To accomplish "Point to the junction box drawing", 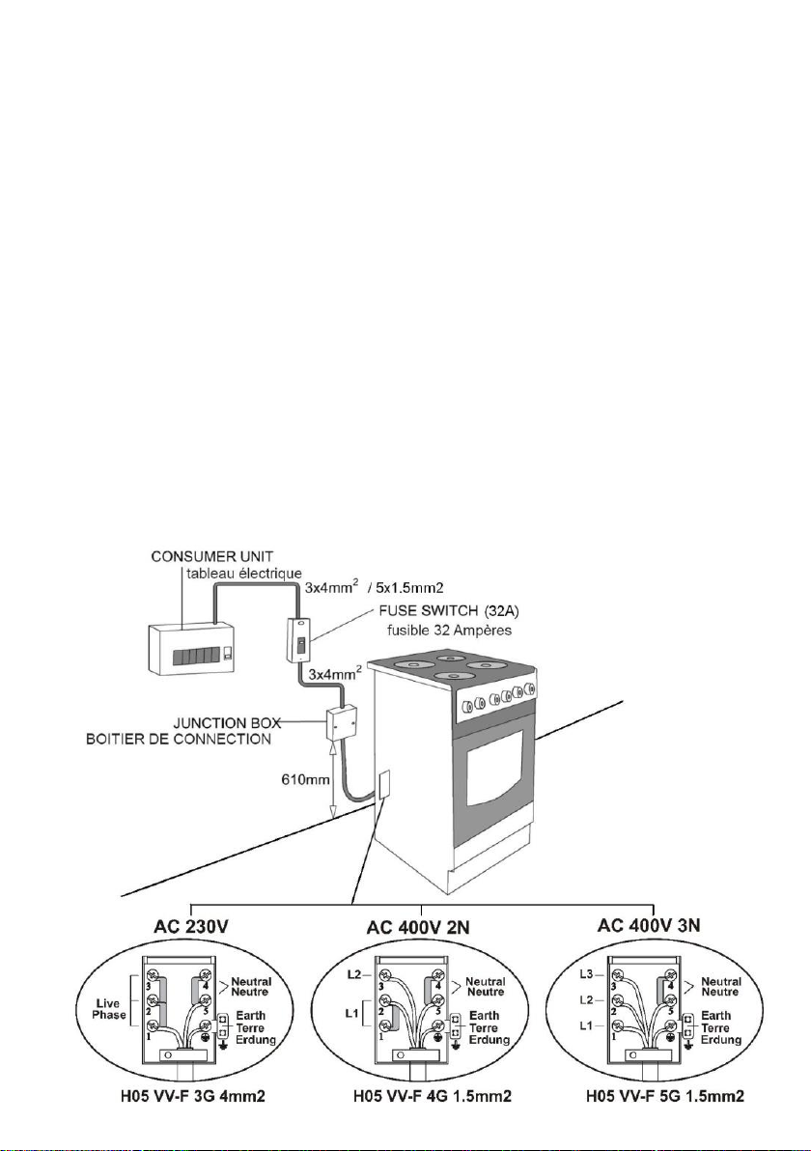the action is pos(343,724).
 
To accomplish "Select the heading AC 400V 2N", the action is pos(418,929).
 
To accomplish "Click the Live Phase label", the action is pos(111,1009).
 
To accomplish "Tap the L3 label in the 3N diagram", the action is pos(586,975).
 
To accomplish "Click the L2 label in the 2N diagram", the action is pos(353,975).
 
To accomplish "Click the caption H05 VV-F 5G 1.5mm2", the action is pos(665,1097).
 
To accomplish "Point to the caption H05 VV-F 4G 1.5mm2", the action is pos(433,1097).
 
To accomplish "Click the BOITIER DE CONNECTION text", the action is pos(179,739).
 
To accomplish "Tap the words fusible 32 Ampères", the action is pos(449,631).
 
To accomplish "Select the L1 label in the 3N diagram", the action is pos(586,1025).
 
